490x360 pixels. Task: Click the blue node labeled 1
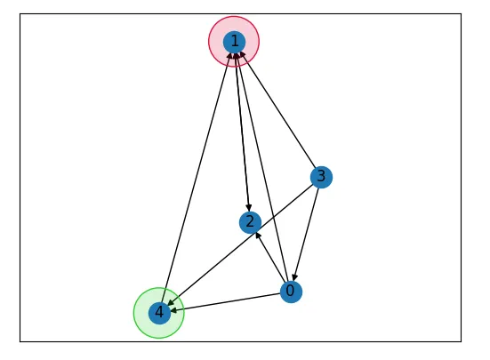234,42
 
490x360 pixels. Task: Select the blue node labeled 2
250,222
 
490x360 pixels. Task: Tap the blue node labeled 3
321,177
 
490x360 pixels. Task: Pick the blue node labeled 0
291,292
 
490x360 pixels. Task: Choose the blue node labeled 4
159,313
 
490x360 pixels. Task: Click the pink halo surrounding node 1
209,42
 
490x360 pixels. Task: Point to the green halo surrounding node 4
133,313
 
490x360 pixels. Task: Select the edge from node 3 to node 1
277,109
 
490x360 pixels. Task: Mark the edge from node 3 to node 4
240,244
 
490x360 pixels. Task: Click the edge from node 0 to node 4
225,302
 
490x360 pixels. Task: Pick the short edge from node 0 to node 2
270,257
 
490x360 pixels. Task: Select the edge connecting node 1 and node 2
242,132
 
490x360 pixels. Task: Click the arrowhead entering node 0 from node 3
293,277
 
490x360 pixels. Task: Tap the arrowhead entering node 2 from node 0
258,235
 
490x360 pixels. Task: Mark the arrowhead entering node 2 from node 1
249,208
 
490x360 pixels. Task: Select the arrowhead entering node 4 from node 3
171,303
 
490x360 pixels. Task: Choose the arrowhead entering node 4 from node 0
174,310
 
